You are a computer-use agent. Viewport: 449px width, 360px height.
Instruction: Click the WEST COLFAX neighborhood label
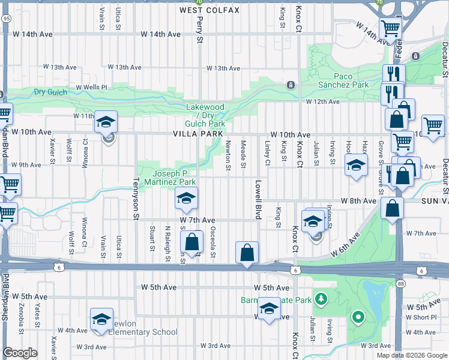click(209, 10)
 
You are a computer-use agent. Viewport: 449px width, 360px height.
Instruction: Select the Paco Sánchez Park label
click(351, 80)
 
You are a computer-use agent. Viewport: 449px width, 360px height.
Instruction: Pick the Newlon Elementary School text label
click(144, 332)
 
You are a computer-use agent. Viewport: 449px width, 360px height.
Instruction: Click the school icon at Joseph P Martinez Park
click(187, 198)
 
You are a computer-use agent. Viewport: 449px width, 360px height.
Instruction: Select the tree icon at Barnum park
click(322, 298)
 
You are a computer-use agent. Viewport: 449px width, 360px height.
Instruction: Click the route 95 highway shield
click(6, 19)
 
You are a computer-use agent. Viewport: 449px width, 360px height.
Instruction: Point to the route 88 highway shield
click(401, 282)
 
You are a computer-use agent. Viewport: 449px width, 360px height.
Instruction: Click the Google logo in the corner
click(20, 353)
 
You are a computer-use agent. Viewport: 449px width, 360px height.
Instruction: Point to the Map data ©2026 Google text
click(411, 355)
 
